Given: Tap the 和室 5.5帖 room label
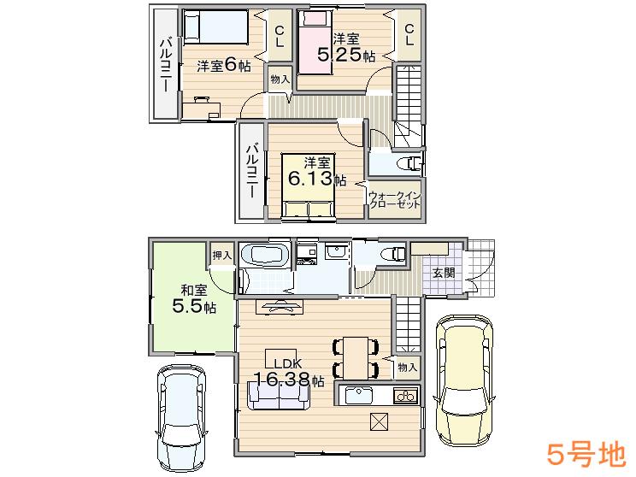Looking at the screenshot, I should pyautogui.click(x=192, y=298).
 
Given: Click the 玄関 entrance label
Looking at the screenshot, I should pyautogui.click(x=443, y=274).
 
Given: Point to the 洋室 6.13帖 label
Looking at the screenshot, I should pyautogui.click(x=316, y=172).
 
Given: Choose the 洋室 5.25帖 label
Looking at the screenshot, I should pyautogui.click(x=345, y=48).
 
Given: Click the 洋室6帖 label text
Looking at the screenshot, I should pyautogui.click(x=224, y=66).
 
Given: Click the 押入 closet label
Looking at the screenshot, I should pyautogui.click(x=221, y=256).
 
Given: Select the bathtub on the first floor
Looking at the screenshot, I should pyautogui.click(x=265, y=255).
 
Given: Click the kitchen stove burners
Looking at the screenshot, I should pyautogui.click(x=404, y=396).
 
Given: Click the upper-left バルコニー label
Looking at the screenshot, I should pyautogui.click(x=167, y=67).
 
